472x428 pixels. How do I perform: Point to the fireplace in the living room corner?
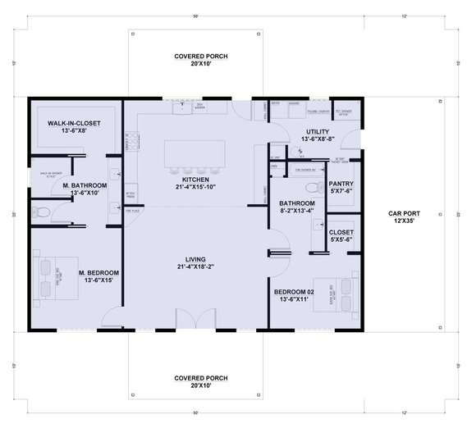click(x=130, y=211)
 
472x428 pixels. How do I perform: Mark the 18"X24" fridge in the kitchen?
click(x=130, y=193)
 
